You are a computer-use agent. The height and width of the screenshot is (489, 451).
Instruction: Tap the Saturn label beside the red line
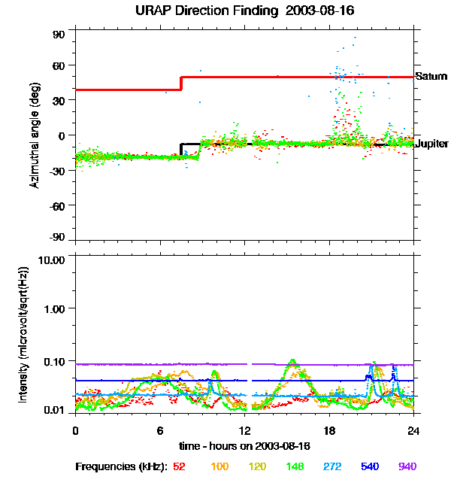(x=431, y=77)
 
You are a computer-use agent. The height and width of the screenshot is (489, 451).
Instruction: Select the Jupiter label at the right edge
(x=431, y=144)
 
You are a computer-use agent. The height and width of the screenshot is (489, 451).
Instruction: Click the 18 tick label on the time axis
(x=329, y=430)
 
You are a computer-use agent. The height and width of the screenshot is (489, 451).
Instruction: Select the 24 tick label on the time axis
(x=413, y=430)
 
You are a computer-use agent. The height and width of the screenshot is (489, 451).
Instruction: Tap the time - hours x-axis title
(x=244, y=446)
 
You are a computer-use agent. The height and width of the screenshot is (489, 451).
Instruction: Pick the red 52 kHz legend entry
(x=179, y=466)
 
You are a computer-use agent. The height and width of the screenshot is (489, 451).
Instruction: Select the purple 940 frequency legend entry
(x=407, y=466)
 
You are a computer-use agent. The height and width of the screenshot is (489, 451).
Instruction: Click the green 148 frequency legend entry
(x=295, y=466)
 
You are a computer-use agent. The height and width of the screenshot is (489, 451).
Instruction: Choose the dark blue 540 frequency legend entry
(x=370, y=466)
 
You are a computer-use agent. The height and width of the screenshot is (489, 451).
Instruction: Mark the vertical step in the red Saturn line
(x=181, y=83)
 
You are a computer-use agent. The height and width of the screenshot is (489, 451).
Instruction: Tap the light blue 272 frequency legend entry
(x=332, y=466)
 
